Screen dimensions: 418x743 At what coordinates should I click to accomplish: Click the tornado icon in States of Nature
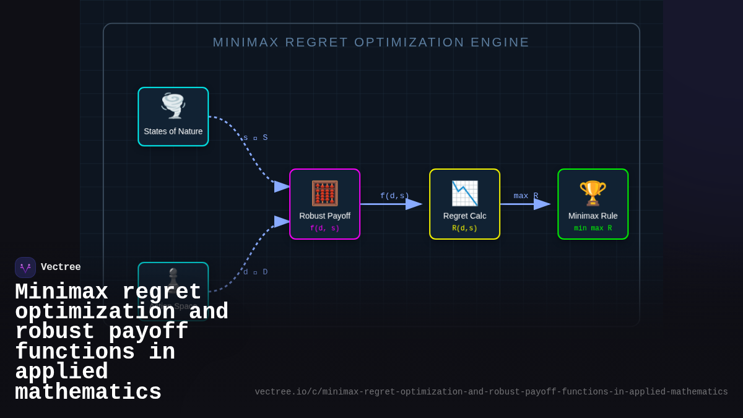tap(173, 106)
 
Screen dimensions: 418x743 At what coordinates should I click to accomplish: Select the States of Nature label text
tap(173, 131)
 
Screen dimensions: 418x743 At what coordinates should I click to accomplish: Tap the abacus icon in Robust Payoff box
tap(324, 193)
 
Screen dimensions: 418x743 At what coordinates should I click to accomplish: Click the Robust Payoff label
tap(324, 216)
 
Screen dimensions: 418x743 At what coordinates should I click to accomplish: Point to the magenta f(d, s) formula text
tap(324, 229)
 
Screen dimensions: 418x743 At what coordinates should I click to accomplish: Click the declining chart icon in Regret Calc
tap(464, 193)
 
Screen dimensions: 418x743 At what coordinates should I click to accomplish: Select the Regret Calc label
tap(464, 216)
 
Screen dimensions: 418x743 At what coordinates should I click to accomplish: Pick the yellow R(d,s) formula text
tap(464, 229)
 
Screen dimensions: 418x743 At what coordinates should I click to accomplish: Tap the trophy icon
tap(593, 193)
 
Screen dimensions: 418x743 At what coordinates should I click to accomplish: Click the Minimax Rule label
tap(593, 216)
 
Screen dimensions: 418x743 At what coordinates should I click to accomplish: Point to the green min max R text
tap(593, 229)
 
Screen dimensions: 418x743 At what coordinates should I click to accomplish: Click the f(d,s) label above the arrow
tap(394, 196)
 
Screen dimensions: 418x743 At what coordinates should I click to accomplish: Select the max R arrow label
tap(526, 196)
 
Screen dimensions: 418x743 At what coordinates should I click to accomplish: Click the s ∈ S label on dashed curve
tap(255, 137)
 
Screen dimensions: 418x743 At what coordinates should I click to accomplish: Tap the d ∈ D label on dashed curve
tap(255, 272)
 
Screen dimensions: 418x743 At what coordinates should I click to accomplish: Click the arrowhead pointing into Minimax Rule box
tap(542, 204)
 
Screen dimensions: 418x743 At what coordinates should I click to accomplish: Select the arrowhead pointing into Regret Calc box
tap(414, 204)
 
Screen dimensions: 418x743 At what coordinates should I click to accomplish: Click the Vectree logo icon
tap(25, 268)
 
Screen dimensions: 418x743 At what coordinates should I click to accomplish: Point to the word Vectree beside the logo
tap(61, 268)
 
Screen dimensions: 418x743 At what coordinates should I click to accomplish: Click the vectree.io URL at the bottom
tap(491, 392)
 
